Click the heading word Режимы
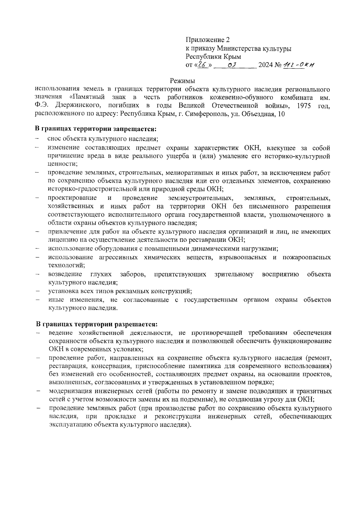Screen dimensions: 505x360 pos(182,81)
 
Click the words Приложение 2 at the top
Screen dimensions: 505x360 pos(207,40)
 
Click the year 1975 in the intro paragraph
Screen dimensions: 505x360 pos(304,106)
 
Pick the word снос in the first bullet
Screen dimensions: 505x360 pos(54,139)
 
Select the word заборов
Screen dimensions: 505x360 pos(133,274)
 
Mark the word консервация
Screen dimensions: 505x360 pos(110,366)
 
